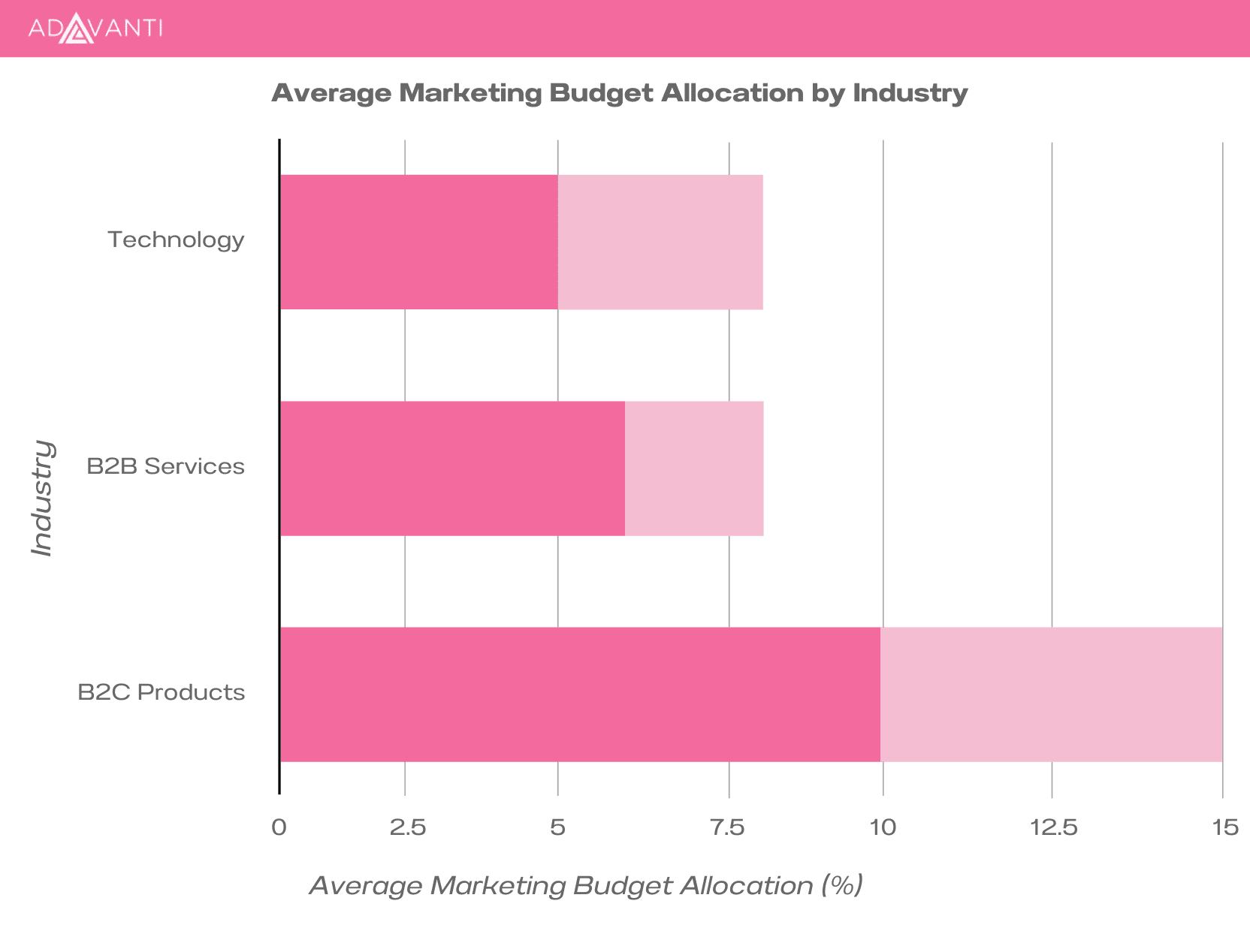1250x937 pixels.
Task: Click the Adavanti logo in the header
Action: coord(95,29)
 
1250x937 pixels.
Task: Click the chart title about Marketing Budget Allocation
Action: coord(619,93)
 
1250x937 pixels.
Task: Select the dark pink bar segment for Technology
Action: coord(419,242)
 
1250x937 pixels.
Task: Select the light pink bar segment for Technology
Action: coord(660,242)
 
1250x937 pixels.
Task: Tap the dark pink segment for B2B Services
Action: coord(452,468)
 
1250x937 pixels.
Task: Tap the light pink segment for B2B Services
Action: coord(694,468)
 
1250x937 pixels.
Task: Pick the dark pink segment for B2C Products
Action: coord(580,694)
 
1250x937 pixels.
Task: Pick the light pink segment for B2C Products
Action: coord(1051,694)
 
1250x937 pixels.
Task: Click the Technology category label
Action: coord(176,240)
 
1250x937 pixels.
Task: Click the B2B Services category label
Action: coord(165,466)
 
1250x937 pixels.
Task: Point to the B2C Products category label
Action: coord(162,692)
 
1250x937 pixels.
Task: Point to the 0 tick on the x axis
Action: coord(279,827)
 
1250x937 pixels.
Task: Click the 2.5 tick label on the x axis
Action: coord(408,827)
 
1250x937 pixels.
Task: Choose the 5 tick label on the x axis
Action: coord(557,827)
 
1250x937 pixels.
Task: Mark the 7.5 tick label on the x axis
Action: coord(727,827)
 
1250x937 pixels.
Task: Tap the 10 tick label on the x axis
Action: coord(883,827)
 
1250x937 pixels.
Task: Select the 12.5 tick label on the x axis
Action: coord(1053,827)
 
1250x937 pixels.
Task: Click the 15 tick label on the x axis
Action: coord(1225,827)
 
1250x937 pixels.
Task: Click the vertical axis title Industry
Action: coord(43,498)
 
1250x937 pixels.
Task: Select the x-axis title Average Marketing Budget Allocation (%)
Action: coord(586,886)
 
